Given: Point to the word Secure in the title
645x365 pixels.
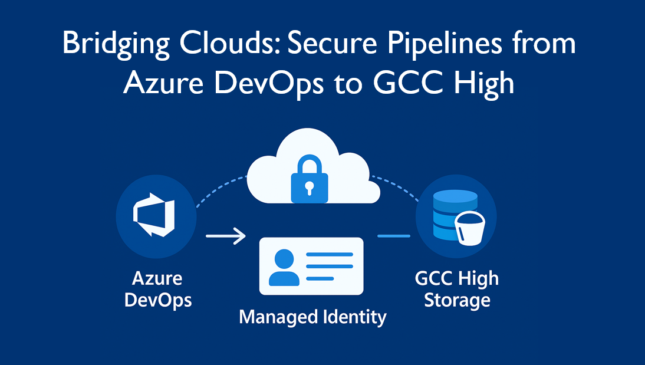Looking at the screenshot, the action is [x=332, y=43].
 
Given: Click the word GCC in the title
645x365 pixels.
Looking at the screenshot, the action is [x=408, y=83].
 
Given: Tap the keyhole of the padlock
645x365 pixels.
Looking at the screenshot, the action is [x=310, y=188].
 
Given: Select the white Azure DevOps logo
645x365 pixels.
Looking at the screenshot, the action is [x=154, y=215].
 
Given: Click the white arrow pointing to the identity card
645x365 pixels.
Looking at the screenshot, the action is [x=225, y=236].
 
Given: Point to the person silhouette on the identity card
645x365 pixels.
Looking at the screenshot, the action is [x=284, y=268].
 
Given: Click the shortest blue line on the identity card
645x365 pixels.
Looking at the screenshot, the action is [x=320, y=278].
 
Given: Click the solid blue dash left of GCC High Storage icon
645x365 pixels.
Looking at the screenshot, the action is [x=394, y=236].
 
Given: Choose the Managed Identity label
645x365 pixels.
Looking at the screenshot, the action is [x=312, y=317].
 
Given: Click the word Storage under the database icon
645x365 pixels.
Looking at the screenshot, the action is [x=457, y=300].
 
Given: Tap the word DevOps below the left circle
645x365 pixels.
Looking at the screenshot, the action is [x=158, y=300].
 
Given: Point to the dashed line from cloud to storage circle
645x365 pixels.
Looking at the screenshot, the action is [x=396, y=188].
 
